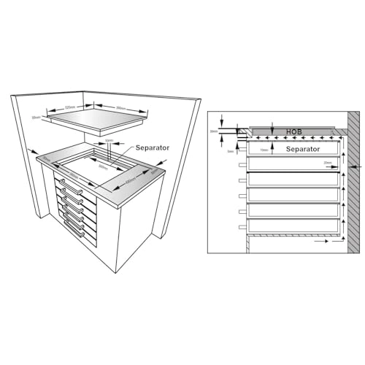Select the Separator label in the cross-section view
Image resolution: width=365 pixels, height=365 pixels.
[301, 149]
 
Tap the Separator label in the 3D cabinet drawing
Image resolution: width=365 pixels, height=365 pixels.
[152, 147]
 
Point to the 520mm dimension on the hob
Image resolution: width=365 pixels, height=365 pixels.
[71, 107]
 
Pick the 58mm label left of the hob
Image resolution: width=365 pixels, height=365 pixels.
[35, 117]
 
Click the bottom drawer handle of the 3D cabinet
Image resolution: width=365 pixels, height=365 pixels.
[85, 231]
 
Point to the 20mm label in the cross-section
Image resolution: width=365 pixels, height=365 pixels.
[327, 163]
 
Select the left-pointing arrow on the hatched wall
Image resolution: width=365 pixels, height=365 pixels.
[353, 168]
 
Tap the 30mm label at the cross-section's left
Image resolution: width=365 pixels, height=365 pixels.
[214, 131]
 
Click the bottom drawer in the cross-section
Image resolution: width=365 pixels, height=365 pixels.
[292, 226]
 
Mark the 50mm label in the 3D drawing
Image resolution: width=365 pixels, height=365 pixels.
[109, 140]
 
